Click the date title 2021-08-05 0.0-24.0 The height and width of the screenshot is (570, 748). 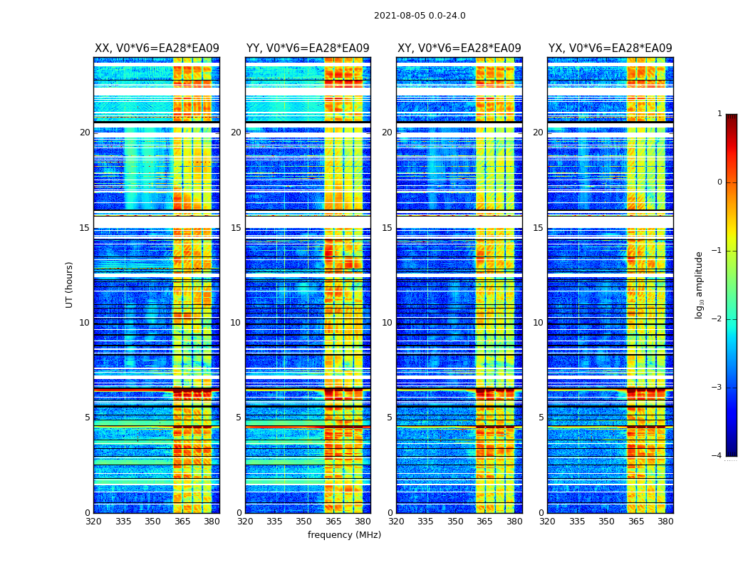[x=420, y=16]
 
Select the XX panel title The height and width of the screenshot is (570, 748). [x=157, y=48]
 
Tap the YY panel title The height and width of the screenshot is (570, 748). [x=308, y=48]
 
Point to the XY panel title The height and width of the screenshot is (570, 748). [x=459, y=48]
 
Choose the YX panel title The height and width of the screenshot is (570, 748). [x=610, y=48]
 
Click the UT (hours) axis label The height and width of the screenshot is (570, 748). [x=70, y=284]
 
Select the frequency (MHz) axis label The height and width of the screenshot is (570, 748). [x=344, y=535]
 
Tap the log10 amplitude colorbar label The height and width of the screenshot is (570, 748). [x=700, y=284]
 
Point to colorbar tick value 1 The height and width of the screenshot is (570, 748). [x=720, y=114]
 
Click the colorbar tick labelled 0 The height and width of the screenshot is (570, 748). [x=720, y=182]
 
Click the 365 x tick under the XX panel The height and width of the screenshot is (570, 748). [x=182, y=522]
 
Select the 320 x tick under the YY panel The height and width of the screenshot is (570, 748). [x=245, y=522]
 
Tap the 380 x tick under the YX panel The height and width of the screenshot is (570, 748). [x=665, y=522]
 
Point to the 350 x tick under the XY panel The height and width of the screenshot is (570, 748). [x=455, y=522]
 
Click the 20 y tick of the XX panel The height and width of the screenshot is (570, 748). [x=85, y=133]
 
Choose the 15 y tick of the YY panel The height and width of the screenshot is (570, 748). [x=236, y=228]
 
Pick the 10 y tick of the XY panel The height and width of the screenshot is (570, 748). [x=387, y=323]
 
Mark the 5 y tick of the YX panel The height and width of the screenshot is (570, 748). [x=541, y=418]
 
